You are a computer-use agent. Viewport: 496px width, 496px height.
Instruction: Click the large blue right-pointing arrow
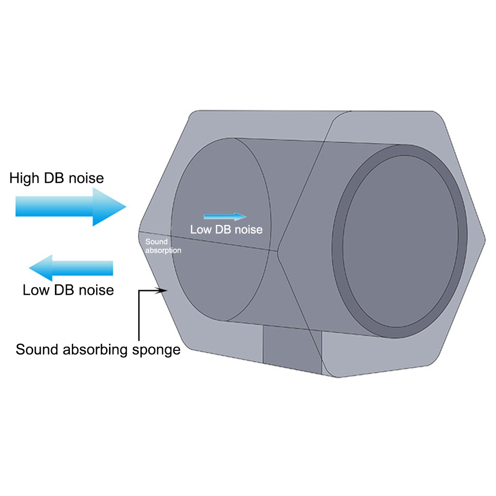coord(71,207)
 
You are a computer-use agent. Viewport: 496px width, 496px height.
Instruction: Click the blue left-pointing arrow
coord(71,268)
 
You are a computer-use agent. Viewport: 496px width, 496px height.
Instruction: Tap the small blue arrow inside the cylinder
coord(225,217)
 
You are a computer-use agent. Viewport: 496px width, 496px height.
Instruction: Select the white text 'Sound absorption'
coord(163,246)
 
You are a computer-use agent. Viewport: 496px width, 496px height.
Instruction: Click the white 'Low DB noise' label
coord(226,229)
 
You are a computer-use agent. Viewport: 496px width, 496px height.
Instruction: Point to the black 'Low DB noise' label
coord(68,290)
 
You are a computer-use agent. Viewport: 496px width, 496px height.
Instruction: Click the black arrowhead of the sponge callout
coord(162,290)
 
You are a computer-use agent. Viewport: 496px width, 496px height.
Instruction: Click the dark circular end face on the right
coord(400,241)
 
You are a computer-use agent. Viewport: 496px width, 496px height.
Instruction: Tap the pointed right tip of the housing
coord(485,240)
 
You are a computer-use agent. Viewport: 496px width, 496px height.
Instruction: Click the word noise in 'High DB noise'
coord(86,178)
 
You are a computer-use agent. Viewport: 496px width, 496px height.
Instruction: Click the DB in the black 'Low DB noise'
coord(64,290)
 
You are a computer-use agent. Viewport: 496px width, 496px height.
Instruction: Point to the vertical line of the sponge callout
coord(139,315)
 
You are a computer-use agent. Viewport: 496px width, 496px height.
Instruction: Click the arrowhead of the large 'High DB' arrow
coord(110,207)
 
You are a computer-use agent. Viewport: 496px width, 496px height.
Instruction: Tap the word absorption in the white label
coord(163,250)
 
